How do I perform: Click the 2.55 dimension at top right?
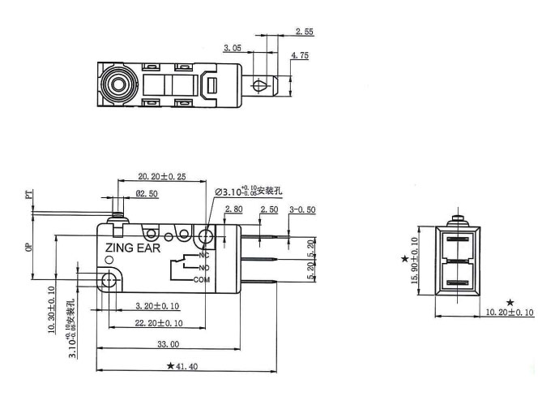(x=305, y=32)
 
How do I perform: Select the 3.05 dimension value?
(x=233, y=48)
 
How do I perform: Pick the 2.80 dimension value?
(x=233, y=210)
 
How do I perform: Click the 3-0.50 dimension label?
(x=301, y=210)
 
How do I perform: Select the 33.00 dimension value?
(x=167, y=345)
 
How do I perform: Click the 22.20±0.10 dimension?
(x=158, y=323)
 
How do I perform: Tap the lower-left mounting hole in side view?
(x=108, y=280)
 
